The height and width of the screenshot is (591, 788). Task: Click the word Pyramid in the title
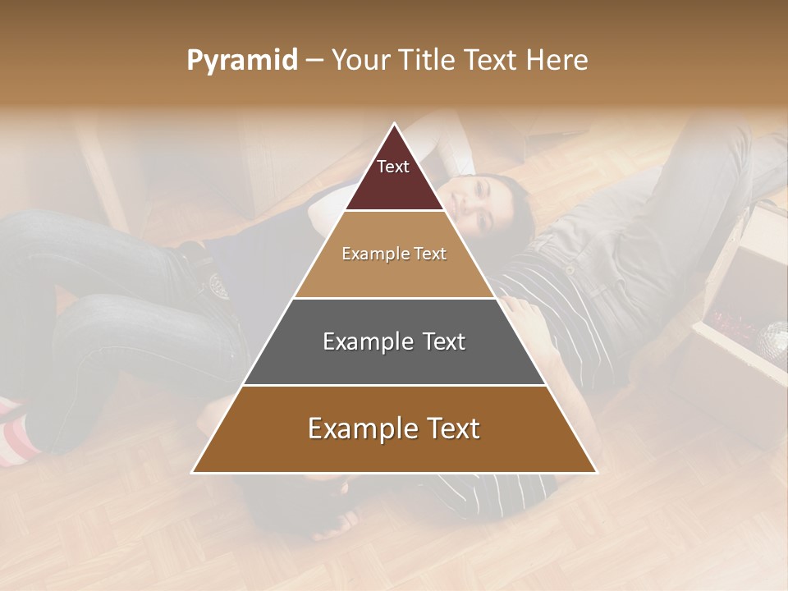pos(241,61)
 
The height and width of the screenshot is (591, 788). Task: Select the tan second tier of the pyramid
pos(394,275)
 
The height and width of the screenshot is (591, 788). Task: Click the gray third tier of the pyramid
pos(394,361)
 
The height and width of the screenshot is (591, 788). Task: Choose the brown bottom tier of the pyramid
pos(394,451)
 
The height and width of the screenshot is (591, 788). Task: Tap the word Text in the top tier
pos(393,167)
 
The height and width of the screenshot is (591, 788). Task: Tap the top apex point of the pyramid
pos(395,124)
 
